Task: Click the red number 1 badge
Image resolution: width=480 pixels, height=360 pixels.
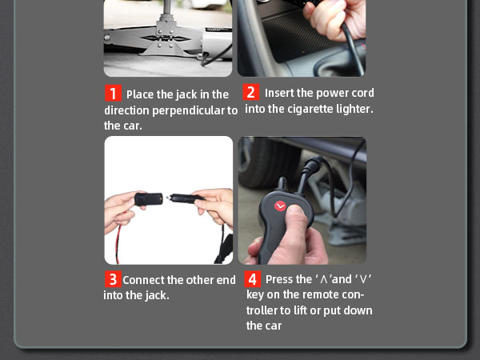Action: pyautogui.click(x=113, y=93)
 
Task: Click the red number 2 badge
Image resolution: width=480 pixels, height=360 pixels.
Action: pyautogui.click(x=251, y=92)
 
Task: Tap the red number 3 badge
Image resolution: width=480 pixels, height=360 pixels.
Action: pyautogui.click(x=113, y=279)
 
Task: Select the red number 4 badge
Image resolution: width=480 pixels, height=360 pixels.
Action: pyautogui.click(x=253, y=279)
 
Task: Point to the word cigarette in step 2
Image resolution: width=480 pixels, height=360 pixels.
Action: pyautogui.click(x=310, y=109)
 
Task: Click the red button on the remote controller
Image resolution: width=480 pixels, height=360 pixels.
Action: pyautogui.click(x=280, y=206)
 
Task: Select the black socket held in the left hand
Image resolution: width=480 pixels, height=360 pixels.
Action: pyautogui.click(x=149, y=199)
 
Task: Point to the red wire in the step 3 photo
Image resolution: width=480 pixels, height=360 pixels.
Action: pyautogui.click(x=118, y=244)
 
